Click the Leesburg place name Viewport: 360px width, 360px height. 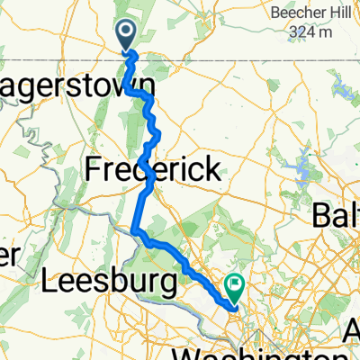[x=109, y=283]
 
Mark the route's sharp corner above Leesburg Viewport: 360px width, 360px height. [x=135, y=232]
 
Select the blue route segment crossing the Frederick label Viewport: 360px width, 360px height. [x=148, y=171]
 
